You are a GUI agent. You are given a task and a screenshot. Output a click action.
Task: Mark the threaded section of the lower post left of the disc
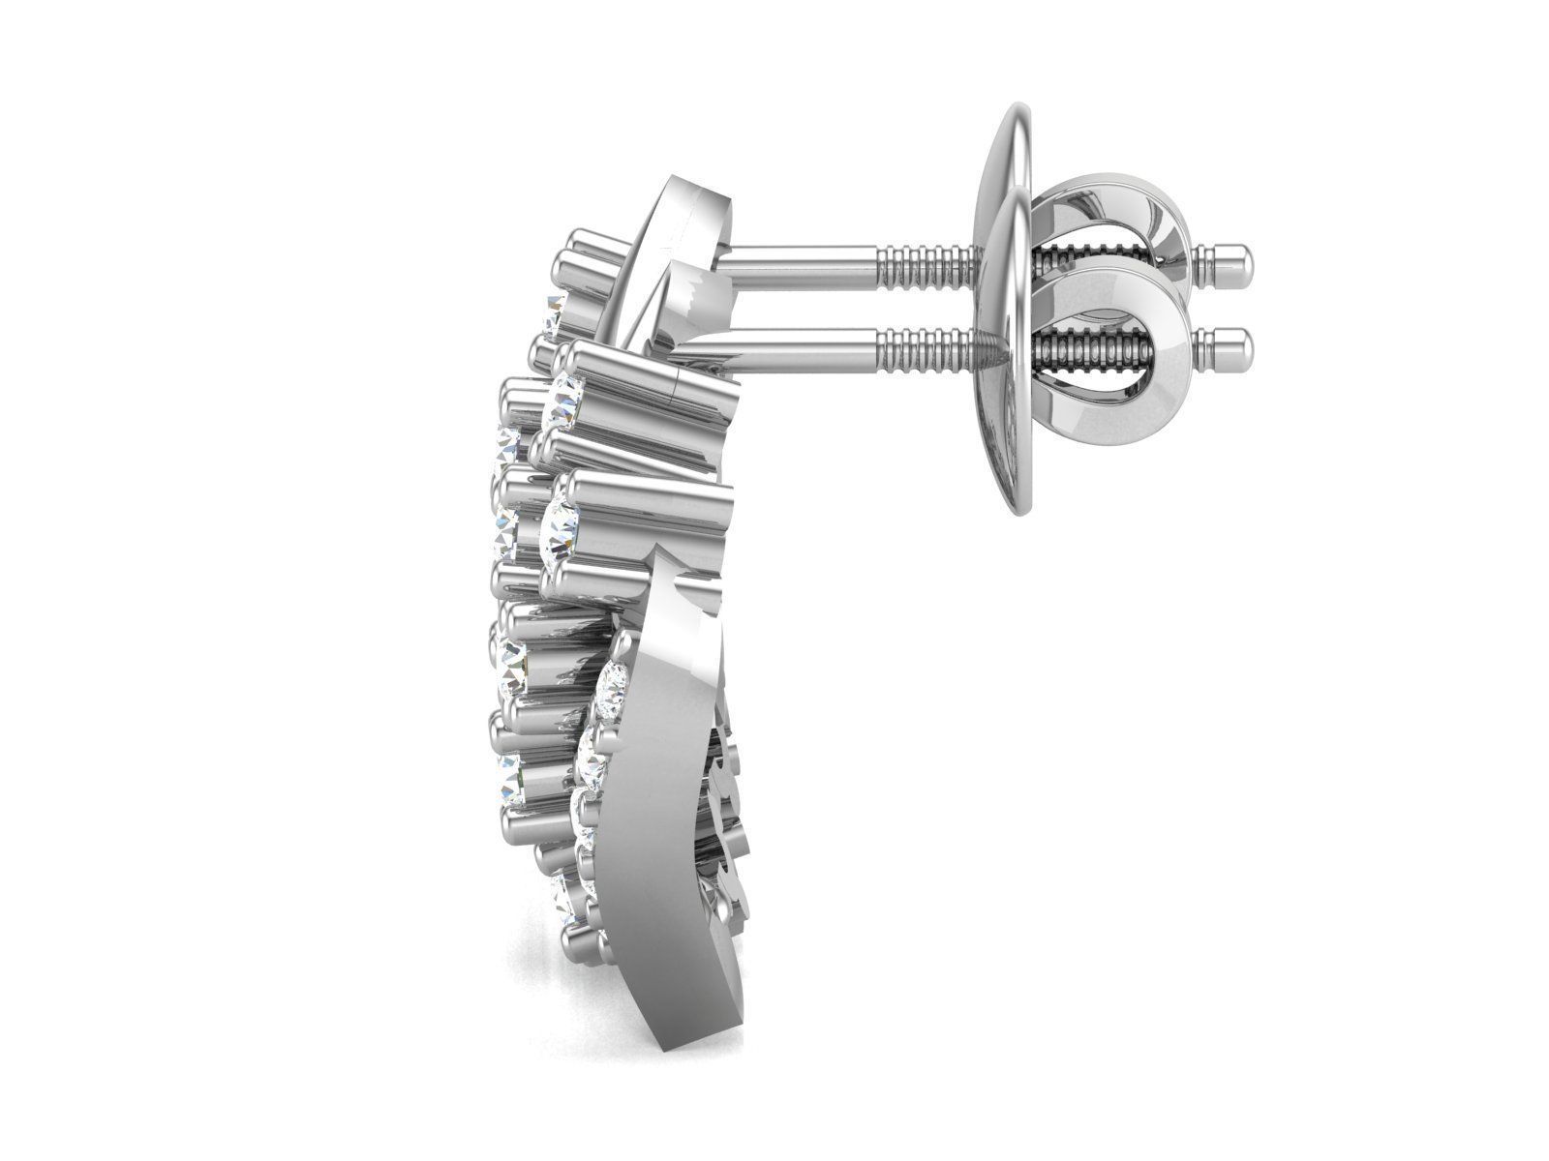click(925, 343)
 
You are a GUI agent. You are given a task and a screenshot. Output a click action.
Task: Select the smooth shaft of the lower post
click(774, 343)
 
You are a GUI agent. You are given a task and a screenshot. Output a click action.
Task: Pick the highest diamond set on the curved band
click(614, 682)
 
